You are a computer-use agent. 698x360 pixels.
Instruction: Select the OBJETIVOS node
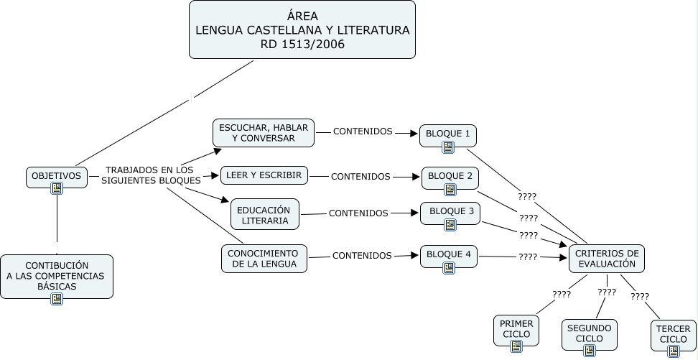(57, 175)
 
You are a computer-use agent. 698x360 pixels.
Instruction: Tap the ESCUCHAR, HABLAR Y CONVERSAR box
(264, 133)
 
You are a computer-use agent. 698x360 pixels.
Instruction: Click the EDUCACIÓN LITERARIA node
(265, 215)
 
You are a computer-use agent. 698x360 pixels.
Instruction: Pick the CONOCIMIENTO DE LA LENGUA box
(264, 259)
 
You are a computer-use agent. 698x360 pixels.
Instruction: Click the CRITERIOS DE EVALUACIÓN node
(607, 259)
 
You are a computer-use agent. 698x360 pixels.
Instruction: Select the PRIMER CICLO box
(517, 328)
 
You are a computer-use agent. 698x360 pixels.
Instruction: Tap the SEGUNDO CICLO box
(590, 333)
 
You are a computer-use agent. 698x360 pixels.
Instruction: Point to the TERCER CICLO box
(674, 333)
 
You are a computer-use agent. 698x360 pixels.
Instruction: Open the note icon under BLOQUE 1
(449, 147)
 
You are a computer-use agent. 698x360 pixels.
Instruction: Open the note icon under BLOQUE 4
(449, 268)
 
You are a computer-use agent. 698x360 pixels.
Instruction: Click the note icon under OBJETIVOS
(57, 189)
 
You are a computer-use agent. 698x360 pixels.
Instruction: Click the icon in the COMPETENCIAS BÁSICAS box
(57, 299)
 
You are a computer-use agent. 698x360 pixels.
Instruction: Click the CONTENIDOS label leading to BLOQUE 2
(360, 176)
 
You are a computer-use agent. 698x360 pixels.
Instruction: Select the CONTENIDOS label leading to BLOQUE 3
(358, 213)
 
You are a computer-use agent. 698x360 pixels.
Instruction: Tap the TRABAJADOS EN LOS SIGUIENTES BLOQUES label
(150, 175)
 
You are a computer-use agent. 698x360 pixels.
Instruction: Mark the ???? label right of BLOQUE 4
(528, 257)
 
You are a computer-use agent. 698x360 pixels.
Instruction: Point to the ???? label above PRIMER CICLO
(562, 294)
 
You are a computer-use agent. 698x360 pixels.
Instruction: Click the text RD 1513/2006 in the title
(302, 45)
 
